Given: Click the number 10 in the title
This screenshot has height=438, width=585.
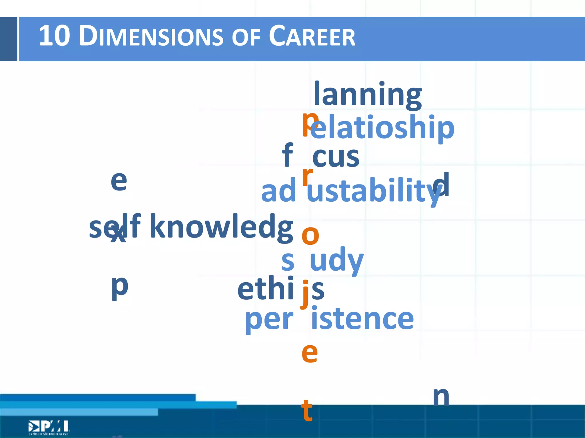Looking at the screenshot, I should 54,36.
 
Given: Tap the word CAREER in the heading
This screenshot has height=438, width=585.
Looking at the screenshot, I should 312,36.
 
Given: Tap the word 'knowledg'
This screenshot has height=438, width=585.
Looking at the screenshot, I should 221,227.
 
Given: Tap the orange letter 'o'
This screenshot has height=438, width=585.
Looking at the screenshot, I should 310,235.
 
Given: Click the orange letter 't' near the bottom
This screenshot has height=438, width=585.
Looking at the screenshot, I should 307,411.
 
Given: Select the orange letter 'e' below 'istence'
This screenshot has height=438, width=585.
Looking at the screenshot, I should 310,353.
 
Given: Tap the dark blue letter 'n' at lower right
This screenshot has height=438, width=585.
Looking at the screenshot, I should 441,397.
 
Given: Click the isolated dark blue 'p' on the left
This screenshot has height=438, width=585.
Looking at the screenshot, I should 120,287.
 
